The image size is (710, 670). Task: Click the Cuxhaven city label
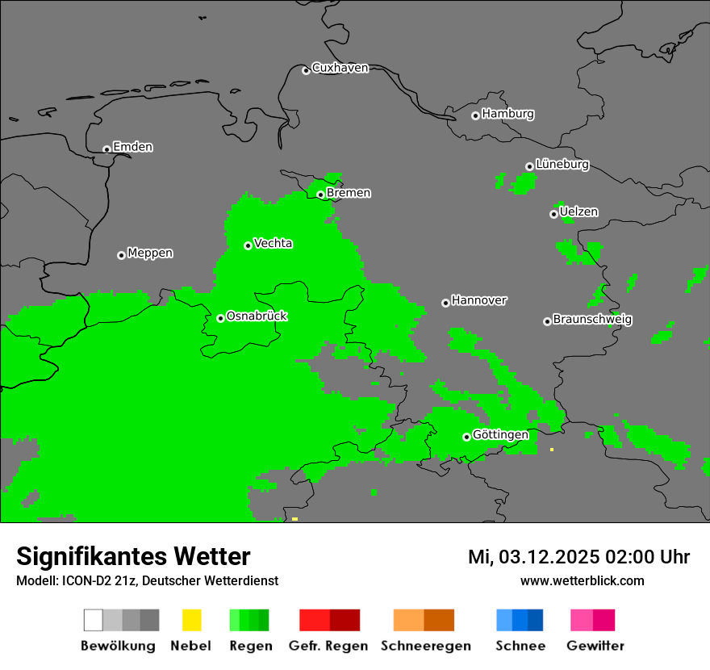coord(340,68)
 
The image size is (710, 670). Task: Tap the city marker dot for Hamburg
coord(475,115)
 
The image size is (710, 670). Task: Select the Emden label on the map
coord(132,147)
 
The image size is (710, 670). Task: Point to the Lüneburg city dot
coord(529,166)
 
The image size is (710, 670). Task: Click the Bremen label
coord(349,193)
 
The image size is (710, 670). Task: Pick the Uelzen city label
coord(578,212)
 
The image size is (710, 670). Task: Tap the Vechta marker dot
coord(248,245)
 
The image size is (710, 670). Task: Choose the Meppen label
coord(150,253)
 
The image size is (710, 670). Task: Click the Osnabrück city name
coord(257,316)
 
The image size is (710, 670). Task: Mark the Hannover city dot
coord(445,303)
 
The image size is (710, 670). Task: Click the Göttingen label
coord(500,435)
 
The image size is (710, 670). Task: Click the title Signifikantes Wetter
coord(133,556)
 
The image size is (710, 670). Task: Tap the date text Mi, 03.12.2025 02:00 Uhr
coord(578,557)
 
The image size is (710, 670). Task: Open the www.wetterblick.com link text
coord(582,580)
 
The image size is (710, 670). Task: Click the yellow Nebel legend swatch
coord(191,620)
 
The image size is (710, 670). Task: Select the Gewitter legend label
coord(595,646)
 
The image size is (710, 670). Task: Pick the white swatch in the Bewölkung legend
coord(94,620)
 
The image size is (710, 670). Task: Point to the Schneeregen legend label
coord(425,646)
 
